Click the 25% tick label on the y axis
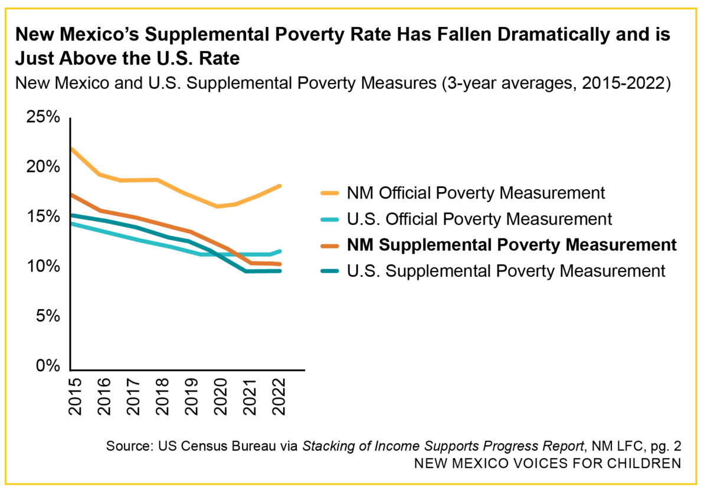43,117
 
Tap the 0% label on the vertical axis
48,366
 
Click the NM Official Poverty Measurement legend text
476,193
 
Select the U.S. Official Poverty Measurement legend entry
479,219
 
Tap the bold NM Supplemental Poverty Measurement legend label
512,245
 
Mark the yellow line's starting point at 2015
71,148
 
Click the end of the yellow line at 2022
279,186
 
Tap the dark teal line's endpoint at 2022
279,271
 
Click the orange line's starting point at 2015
71,194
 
